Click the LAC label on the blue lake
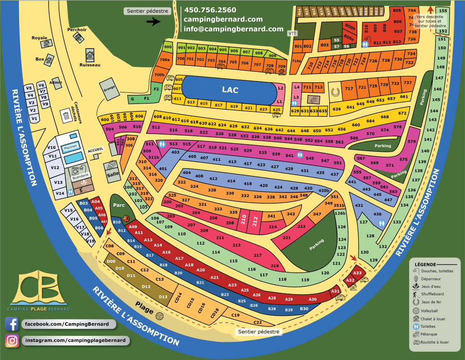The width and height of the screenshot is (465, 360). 230,90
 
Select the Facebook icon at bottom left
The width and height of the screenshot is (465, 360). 12,324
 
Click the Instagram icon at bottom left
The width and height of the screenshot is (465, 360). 12,340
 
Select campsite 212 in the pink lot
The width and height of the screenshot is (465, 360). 255,222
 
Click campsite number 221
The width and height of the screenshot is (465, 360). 287,238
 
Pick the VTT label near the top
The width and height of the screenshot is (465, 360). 293,33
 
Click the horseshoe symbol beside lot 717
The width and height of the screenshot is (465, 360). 336,91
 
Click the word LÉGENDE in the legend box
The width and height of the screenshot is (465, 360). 425,264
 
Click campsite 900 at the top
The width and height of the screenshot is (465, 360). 168,47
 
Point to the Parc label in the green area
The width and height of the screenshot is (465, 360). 119,205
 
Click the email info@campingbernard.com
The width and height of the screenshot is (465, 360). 233,28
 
